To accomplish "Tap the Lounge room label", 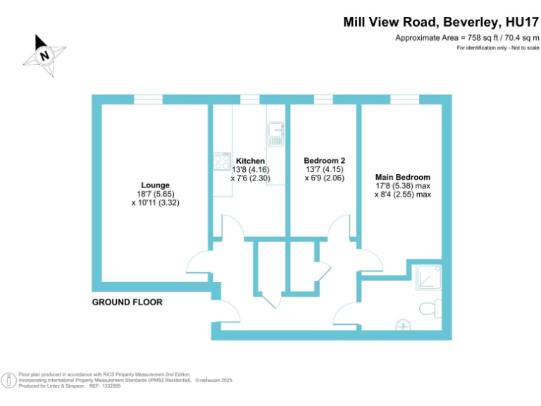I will (x=155, y=185).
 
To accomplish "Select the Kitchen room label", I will (x=250, y=161).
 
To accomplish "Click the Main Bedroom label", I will (x=402, y=177).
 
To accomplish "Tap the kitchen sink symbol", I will (x=275, y=134).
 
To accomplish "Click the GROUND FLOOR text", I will (x=128, y=302).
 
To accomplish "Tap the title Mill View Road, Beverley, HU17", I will (x=440, y=22).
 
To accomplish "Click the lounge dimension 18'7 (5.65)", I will (x=155, y=194).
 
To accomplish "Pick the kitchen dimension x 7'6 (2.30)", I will (x=250, y=178).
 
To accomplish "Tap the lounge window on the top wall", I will (x=149, y=100).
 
